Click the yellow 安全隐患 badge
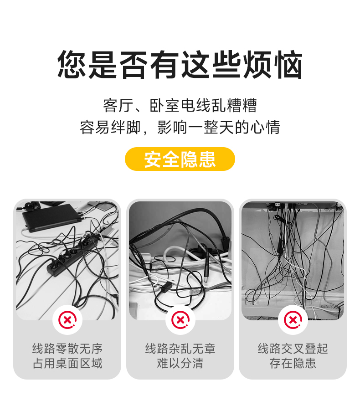[180, 159]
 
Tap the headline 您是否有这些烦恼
[180, 64]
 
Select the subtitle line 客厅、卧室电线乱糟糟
[180, 105]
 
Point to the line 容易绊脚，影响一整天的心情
[180, 127]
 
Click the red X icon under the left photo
[67, 320]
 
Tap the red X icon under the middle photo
[180, 320]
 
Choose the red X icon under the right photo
[293, 320]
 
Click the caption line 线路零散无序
[67, 349]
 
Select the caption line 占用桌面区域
[67, 363]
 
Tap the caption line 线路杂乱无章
[180, 349]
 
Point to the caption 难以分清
[180, 363]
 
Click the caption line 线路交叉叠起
[293, 349]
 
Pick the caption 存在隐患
[293, 363]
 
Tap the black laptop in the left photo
[52, 217]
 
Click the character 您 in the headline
[72, 64]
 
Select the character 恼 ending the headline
[288, 64]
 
